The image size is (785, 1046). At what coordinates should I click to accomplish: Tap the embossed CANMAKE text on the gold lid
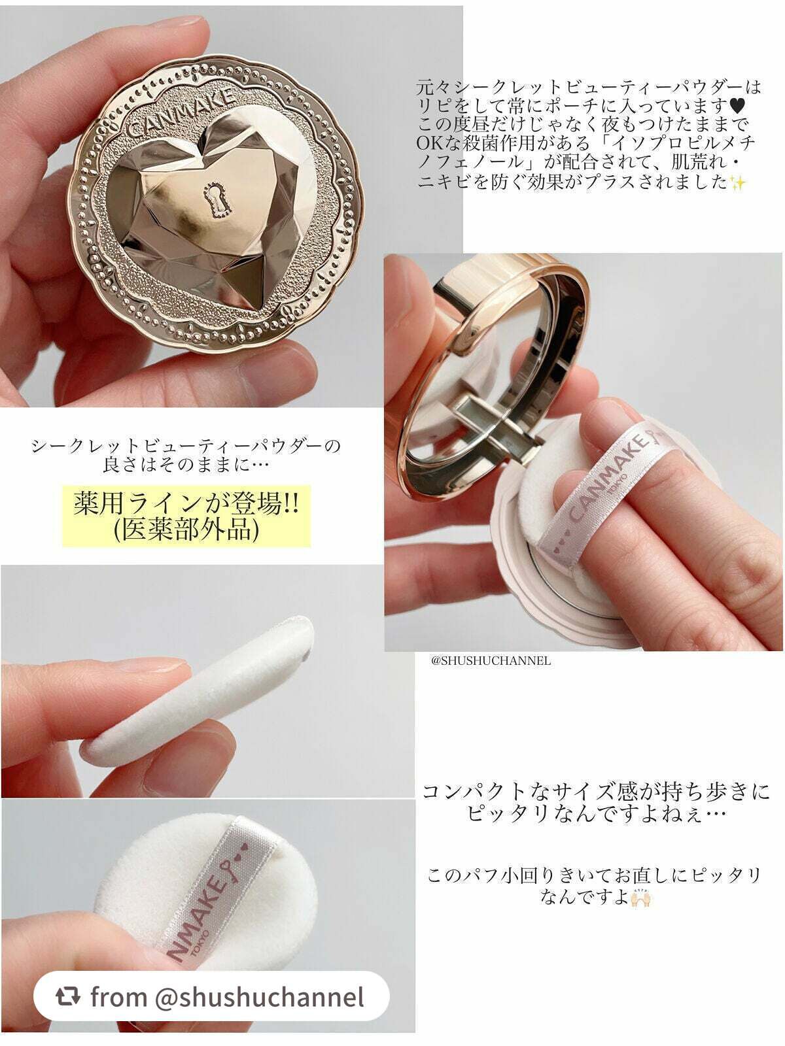tap(182, 111)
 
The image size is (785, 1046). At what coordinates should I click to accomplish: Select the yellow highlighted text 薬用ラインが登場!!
tap(186, 503)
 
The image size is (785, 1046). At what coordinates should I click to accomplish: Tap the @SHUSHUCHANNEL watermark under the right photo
tap(491, 661)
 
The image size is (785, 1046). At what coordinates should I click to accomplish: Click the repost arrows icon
tap(67, 996)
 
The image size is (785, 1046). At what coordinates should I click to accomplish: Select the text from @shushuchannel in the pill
tap(228, 996)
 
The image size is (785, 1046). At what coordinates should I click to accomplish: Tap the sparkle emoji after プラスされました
tap(737, 182)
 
